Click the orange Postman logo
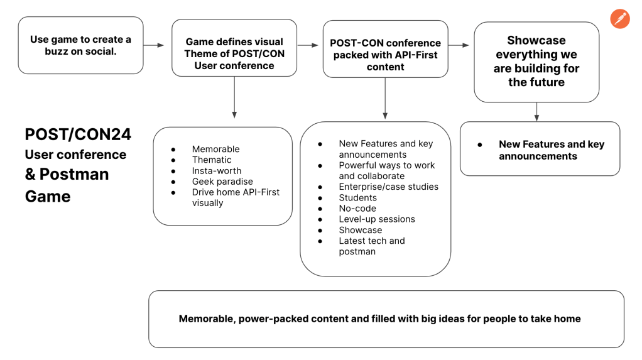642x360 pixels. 620,18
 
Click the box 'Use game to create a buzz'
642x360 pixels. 80,45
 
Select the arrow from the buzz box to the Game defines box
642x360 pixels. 153,45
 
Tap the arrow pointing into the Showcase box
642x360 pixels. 459,45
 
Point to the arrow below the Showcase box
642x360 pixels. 536,111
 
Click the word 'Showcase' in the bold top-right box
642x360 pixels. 536,41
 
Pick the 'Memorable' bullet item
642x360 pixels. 215,149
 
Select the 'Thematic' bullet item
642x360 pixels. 212,160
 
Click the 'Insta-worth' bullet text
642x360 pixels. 217,171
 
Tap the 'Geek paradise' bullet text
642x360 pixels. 222,182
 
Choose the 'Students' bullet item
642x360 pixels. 357,197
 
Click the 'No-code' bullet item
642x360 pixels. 357,208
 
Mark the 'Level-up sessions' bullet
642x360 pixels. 377,219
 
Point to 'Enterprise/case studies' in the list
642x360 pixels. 388,187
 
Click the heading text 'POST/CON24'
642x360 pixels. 78,134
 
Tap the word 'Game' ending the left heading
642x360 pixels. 48,197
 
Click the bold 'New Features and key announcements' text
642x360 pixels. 551,150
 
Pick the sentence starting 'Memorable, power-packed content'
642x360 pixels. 379,319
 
